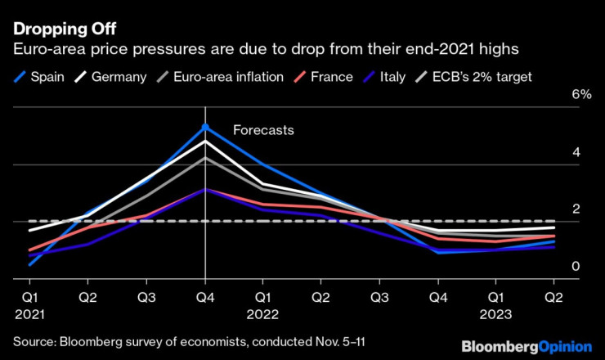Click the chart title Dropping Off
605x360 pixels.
65,29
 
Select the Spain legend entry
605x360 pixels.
39,77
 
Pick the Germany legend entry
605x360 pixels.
110,77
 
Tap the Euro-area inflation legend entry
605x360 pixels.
220,77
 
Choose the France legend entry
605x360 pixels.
323,77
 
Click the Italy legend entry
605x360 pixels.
384,77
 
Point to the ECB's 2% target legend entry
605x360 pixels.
473,77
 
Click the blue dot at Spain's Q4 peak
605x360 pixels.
205,127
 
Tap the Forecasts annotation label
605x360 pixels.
263,130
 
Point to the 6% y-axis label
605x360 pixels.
581,94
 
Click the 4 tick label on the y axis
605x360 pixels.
576,152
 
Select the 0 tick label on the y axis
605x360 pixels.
576,266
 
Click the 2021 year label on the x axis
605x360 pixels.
29,314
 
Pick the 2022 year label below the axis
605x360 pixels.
262,314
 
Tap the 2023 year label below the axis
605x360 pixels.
495,314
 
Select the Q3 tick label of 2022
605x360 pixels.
379,298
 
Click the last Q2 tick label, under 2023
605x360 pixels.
553,298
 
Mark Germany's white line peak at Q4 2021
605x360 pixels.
205,141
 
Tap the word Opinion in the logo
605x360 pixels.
565,347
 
